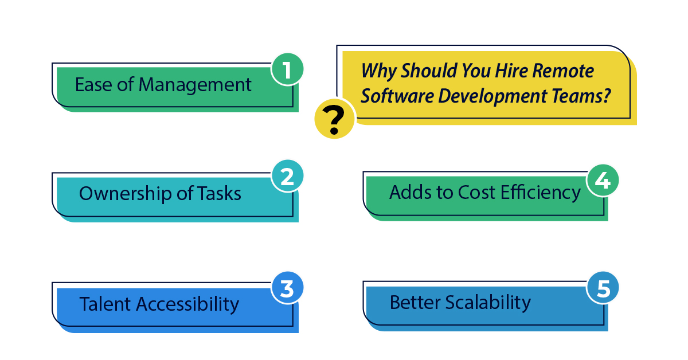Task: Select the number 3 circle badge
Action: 287,289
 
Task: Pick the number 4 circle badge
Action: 602,181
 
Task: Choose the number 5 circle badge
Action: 603,289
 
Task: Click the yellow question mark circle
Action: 334,120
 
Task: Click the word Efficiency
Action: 541,193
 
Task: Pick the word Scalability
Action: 488,302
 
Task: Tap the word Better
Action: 415,302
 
